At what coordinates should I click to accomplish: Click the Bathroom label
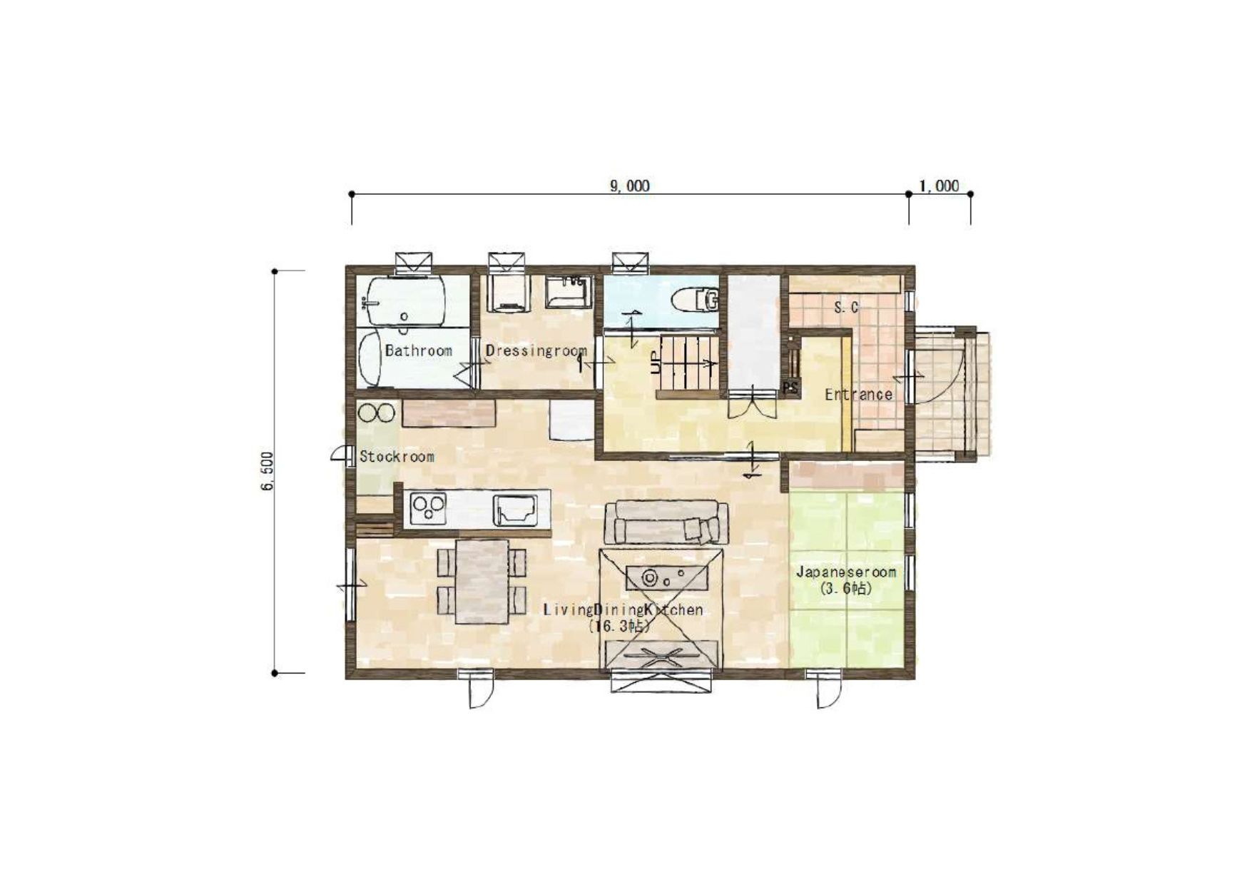(419, 350)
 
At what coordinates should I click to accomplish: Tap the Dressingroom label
(536, 350)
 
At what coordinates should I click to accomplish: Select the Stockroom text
(397, 457)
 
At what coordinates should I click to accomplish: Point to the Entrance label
(858, 395)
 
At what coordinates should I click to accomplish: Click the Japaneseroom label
(846, 572)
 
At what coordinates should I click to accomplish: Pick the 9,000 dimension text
(630, 186)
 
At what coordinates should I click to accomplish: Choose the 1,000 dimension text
(939, 186)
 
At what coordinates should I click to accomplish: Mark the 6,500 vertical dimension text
(267, 471)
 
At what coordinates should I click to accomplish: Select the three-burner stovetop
(428, 508)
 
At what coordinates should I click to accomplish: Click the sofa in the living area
(666, 522)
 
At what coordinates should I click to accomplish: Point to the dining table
(482, 581)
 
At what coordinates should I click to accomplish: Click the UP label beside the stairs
(656, 363)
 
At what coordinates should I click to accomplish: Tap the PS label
(790, 388)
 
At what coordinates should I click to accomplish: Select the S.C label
(846, 308)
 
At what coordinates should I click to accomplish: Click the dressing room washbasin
(569, 292)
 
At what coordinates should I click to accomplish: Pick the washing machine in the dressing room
(509, 293)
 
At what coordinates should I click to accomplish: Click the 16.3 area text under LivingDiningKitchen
(620, 627)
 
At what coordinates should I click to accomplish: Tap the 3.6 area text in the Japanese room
(846, 589)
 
